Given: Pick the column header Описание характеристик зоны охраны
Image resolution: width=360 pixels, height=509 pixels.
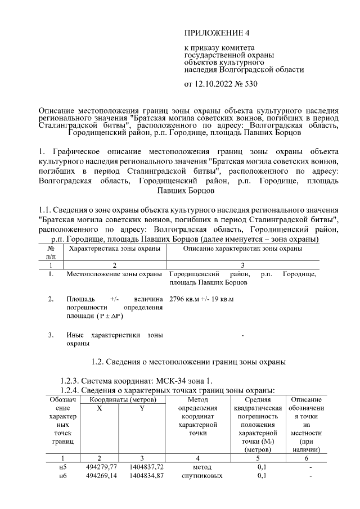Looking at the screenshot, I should pyautogui.click(x=242, y=248).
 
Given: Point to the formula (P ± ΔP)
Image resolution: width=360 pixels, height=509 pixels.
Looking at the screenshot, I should pyautogui.click(x=115, y=317).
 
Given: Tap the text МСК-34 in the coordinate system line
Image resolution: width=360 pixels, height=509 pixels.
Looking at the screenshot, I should pyautogui.click(x=172, y=381).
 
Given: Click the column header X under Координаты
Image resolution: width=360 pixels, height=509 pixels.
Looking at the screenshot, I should pyautogui.click(x=99, y=408).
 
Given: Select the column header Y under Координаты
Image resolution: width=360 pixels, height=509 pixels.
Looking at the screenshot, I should pyautogui.click(x=142, y=408).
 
